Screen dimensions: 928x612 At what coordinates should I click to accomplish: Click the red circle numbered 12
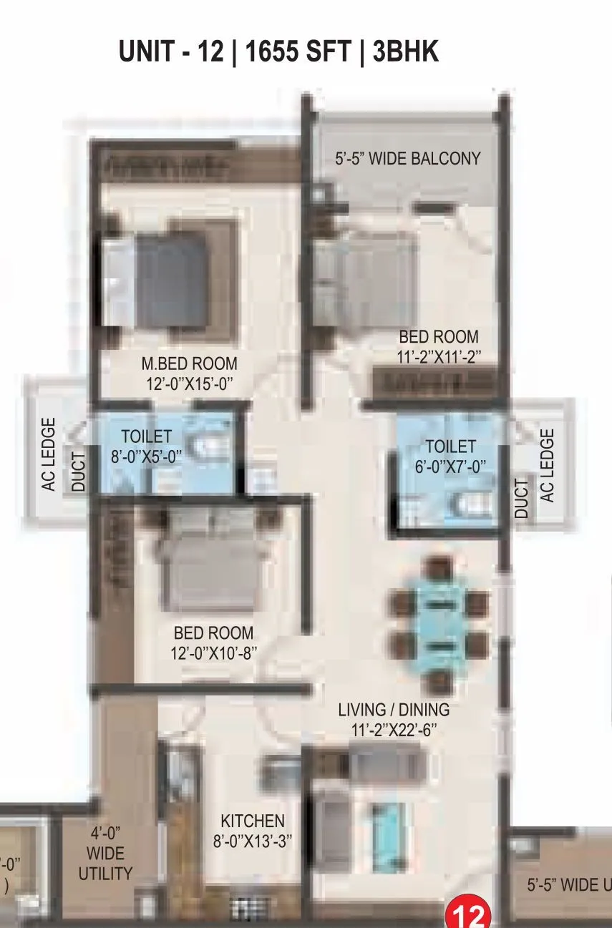pyautogui.click(x=468, y=913)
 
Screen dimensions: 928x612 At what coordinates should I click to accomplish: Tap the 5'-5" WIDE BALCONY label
pyautogui.click(x=407, y=158)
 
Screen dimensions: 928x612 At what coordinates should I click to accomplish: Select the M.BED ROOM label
pyautogui.click(x=189, y=364)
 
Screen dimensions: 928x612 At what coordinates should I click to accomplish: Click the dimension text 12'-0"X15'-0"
pyautogui.click(x=189, y=384)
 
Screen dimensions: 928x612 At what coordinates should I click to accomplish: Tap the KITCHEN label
pyautogui.click(x=252, y=821)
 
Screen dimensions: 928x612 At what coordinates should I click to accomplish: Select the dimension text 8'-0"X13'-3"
pyautogui.click(x=253, y=841)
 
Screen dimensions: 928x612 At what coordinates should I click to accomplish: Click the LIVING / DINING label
pyautogui.click(x=394, y=710)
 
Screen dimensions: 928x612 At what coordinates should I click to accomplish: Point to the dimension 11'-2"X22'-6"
pyautogui.click(x=394, y=731)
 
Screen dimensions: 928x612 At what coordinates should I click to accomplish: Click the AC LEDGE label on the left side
pyautogui.click(x=49, y=454)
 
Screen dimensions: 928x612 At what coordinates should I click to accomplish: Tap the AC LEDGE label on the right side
pyautogui.click(x=547, y=465)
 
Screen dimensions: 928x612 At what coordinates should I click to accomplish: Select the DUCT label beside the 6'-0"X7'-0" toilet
pyautogui.click(x=522, y=499)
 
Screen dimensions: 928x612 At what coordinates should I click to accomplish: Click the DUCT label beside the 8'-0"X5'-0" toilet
pyautogui.click(x=78, y=470)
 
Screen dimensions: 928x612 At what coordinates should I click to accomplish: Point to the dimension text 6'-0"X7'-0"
pyautogui.click(x=451, y=467)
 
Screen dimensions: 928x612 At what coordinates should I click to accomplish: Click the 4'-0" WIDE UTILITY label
pyautogui.click(x=105, y=854)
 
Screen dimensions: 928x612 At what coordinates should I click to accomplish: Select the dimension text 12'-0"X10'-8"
pyautogui.click(x=213, y=653)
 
